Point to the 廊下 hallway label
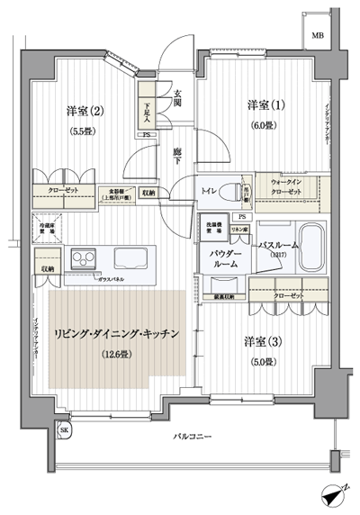[179, 155]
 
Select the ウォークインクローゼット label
[288, 187]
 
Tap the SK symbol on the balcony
[62, 432]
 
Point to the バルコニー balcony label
[193, 437]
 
